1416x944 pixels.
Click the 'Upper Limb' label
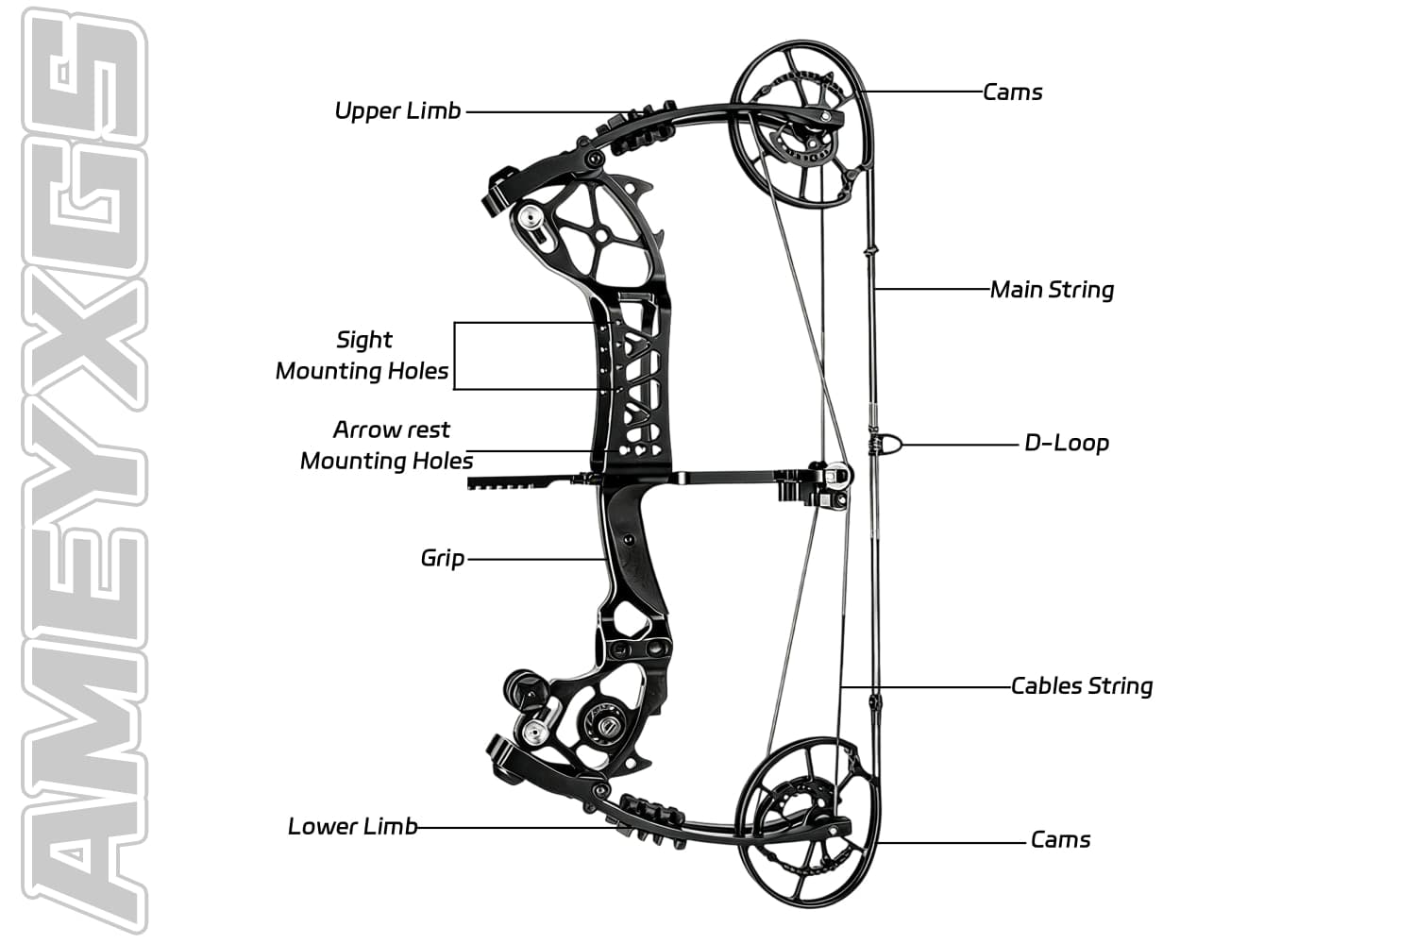click(397, 111)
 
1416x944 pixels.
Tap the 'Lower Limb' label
click(352, 827)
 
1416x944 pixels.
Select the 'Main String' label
click(1052, 290)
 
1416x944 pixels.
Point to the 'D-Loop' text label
click(1066, 443)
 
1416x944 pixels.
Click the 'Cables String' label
click(1082, 686)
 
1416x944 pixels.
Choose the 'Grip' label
click(442, 558)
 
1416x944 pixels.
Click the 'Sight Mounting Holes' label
click(362, 355)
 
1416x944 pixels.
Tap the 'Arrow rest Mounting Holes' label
click(388, 445)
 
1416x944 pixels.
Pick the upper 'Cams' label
click(1012, 93)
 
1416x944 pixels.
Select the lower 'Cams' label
click(1060, 840)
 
